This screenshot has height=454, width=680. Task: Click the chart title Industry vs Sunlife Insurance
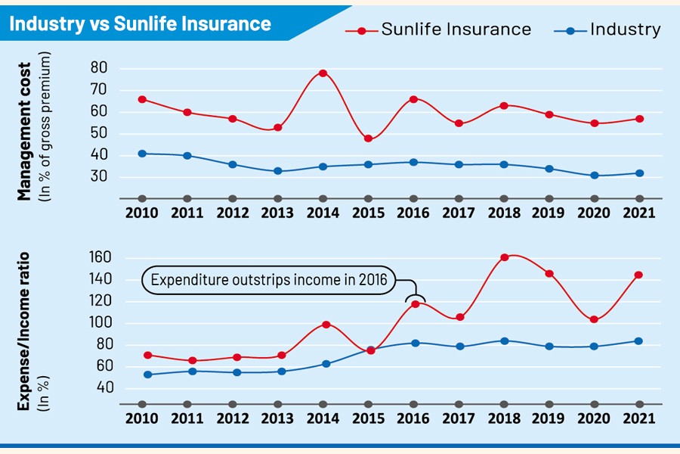point(140,23)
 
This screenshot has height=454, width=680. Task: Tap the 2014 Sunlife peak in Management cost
point(323,73)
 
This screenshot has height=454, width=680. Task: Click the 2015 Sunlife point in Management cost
point(368,138)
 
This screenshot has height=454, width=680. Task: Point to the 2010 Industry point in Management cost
point(142,154)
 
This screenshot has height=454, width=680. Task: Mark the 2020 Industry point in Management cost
point(594,176)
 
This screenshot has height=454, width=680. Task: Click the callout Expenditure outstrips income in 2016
point(268,281)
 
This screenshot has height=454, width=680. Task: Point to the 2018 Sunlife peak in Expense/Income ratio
point(504,257)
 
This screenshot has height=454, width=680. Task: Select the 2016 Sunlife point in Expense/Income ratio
point(413,304)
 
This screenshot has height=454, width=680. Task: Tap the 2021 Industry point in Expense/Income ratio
point(639,341)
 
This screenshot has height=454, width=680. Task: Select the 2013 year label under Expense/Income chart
point(277,418)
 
